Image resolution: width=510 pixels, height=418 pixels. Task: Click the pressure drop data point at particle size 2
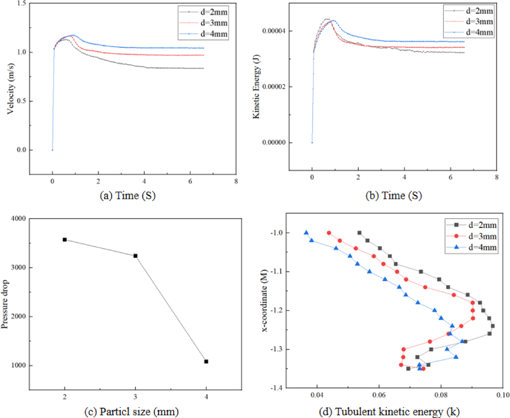(65, 240)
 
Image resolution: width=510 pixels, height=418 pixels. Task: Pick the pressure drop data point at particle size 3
(135, 256)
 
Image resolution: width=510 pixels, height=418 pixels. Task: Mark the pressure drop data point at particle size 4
(206, 362)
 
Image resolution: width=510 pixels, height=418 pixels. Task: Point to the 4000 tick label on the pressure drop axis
(18, 219)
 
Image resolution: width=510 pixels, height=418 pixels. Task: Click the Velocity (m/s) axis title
(11, 89)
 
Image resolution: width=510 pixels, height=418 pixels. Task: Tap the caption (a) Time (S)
(128, 195)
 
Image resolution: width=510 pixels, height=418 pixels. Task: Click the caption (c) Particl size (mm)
(131, 411)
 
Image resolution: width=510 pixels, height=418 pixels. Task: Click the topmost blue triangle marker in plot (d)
(306, 233)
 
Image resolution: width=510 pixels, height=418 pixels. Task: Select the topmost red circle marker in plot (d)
(329, 233)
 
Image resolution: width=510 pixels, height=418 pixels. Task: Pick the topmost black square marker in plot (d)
(359, 233)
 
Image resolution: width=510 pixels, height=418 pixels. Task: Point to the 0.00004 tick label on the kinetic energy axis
(274, 31)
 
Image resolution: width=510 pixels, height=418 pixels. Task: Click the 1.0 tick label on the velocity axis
(22, 52)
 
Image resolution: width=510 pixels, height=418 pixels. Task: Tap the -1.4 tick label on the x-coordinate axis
(276, 388)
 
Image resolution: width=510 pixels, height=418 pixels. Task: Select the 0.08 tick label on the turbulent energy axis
(441, 395)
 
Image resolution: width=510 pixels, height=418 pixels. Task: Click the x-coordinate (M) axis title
(264, 301)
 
